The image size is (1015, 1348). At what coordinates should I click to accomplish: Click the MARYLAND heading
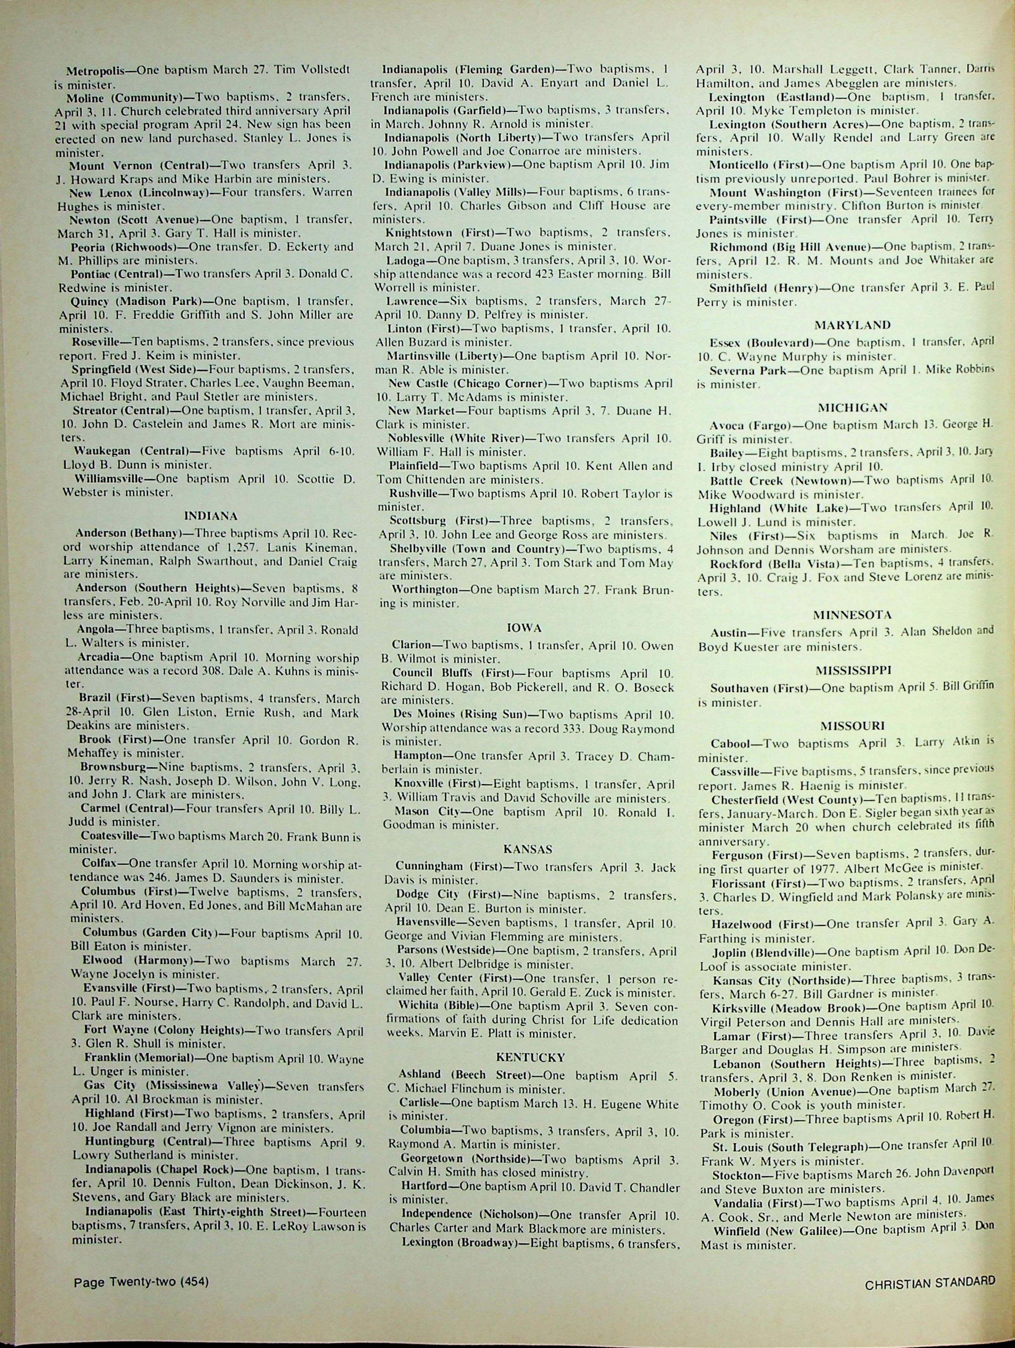(843, 325)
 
